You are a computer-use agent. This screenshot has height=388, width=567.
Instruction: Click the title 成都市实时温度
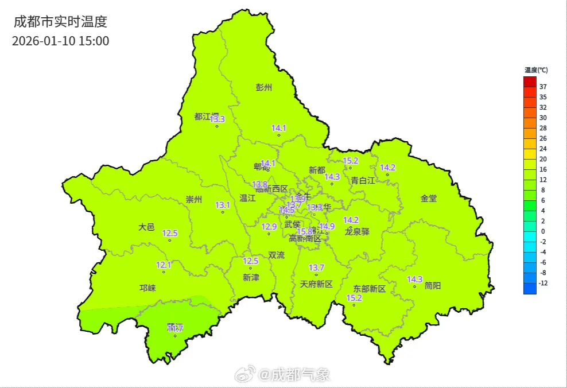pos(60,22)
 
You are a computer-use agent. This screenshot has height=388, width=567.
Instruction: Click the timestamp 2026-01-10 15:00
pos(60,41)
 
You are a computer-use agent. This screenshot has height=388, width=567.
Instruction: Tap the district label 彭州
pos(264,87)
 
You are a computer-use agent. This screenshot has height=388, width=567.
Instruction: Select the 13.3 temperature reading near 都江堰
pos(218,119)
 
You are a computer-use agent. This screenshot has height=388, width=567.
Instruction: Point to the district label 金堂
pos(429,198)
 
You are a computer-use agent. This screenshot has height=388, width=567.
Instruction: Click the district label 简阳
pos(433,285)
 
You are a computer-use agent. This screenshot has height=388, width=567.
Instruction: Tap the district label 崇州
pos(194,199)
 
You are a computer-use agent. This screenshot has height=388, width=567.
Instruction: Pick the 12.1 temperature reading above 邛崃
pos(164,265)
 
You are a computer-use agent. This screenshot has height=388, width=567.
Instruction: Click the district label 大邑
pos(147,227)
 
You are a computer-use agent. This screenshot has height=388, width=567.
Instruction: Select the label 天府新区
pos(316,284)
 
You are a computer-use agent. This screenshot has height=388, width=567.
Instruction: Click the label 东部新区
pos(370,289)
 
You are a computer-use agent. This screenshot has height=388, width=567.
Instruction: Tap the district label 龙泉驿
pos(357,232)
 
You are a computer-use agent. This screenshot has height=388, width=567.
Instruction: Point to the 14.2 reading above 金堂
pos(388,167)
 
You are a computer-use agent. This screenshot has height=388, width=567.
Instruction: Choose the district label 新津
pos(251,277)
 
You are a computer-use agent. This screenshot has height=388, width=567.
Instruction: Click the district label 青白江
pos(363,180)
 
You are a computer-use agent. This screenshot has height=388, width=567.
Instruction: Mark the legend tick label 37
pos(543,87)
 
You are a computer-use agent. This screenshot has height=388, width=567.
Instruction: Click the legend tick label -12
pos(543,283)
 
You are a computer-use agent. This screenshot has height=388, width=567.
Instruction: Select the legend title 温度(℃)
pos(535,70)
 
